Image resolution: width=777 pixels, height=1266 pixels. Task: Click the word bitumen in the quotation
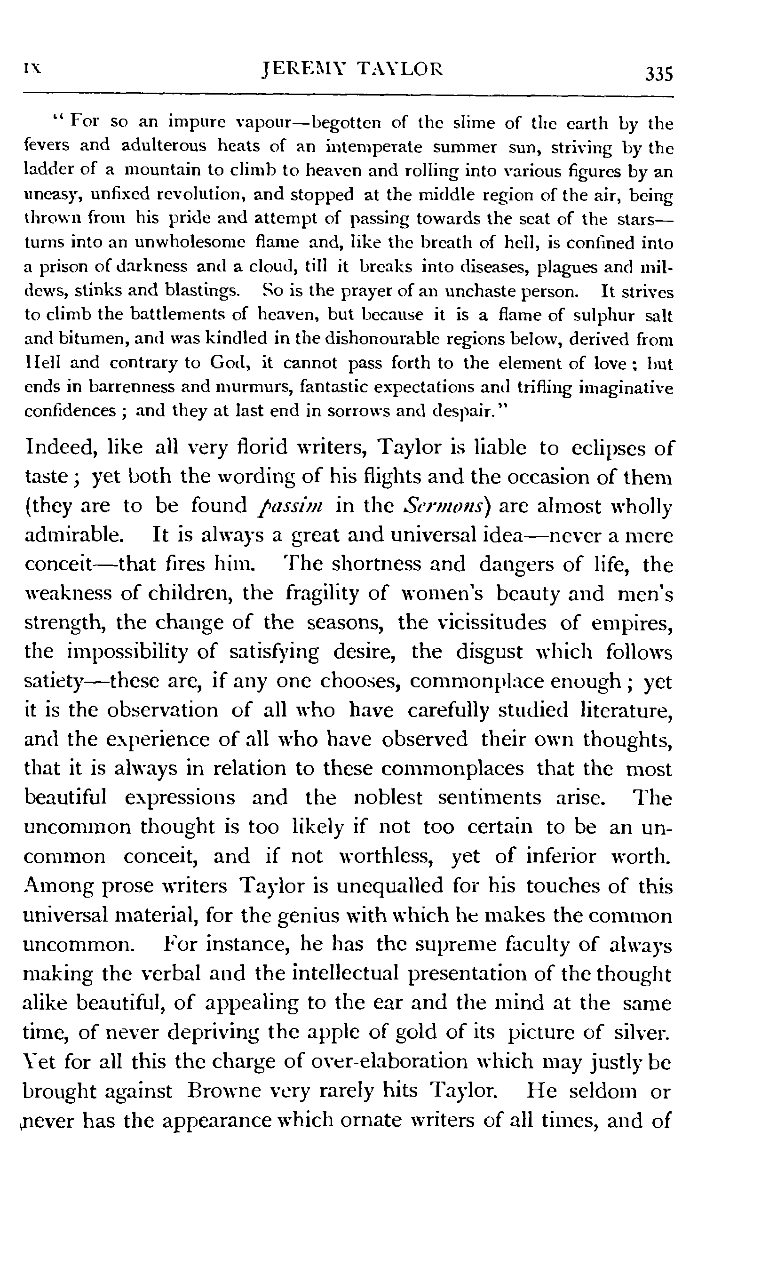pyautogui.click(x=87, y=339)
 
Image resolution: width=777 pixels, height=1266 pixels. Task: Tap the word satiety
pyautogui.click(x=54, y=682)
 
